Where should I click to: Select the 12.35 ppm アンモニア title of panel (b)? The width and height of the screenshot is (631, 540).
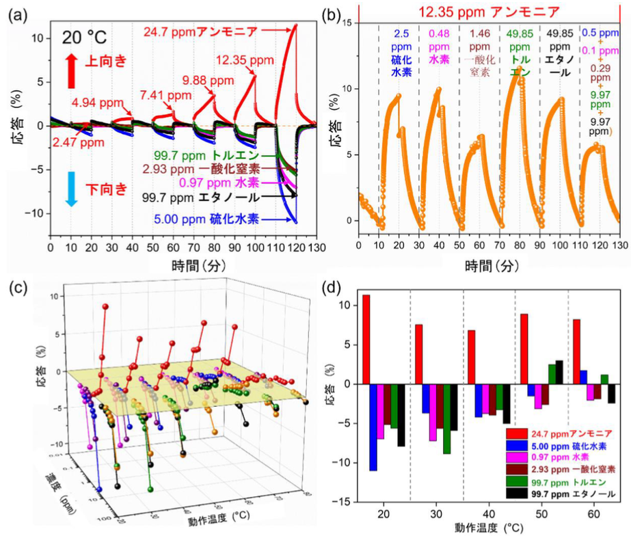click(489, 12)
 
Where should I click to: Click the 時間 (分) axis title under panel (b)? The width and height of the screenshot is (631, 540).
click(489, 263)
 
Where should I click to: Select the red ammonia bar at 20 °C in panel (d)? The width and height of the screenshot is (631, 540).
click(366, 339)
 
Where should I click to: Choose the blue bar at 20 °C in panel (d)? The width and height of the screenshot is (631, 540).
click(373, 427)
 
